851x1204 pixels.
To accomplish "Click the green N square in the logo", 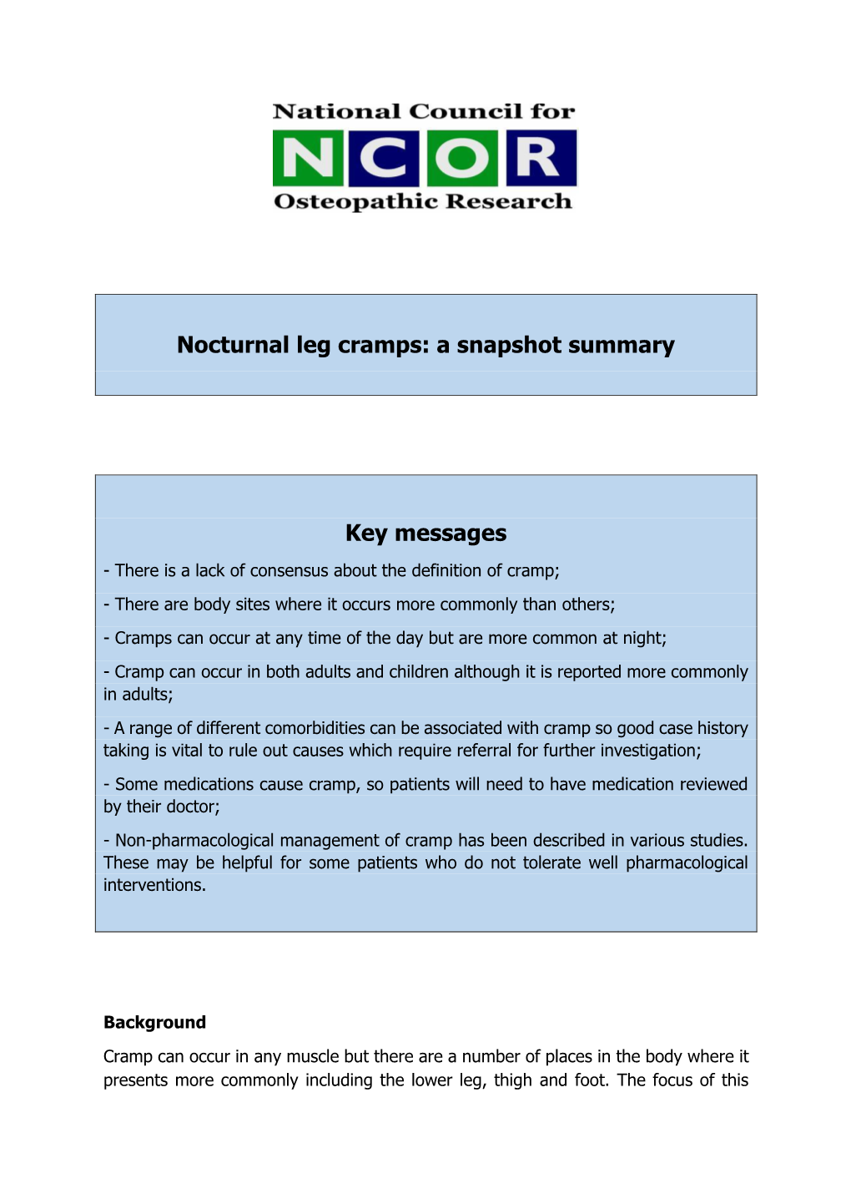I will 308,158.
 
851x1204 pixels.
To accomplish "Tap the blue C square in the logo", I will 384,158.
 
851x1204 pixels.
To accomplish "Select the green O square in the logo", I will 462,158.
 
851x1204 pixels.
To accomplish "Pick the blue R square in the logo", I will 538,158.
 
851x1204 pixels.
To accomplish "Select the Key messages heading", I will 425,533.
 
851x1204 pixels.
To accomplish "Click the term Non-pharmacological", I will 194,841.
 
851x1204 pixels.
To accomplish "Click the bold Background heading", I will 154,1023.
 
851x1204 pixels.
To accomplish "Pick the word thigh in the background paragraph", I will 512,1080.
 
